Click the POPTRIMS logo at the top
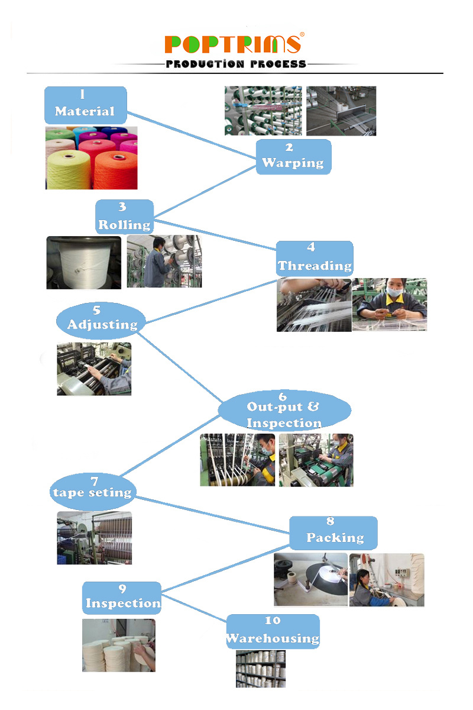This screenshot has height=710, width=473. tap(233, 44)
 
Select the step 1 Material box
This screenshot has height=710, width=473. tap(85, 105)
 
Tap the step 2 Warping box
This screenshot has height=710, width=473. tap(293, 157)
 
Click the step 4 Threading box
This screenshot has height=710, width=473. tap(315, 259)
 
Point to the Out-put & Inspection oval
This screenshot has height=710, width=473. tap(284, 409)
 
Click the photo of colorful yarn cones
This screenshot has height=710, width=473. tap(91, 158)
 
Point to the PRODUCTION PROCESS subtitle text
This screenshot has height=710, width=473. tap(236, 64)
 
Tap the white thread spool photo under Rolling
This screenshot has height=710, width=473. tap(83, 263)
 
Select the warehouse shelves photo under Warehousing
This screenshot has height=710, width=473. tap(260, 669)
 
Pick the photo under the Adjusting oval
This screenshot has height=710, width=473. tap(94, 369)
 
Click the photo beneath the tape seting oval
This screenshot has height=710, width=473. tap(94, 538)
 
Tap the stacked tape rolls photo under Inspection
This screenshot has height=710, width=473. tap(118, 646)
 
